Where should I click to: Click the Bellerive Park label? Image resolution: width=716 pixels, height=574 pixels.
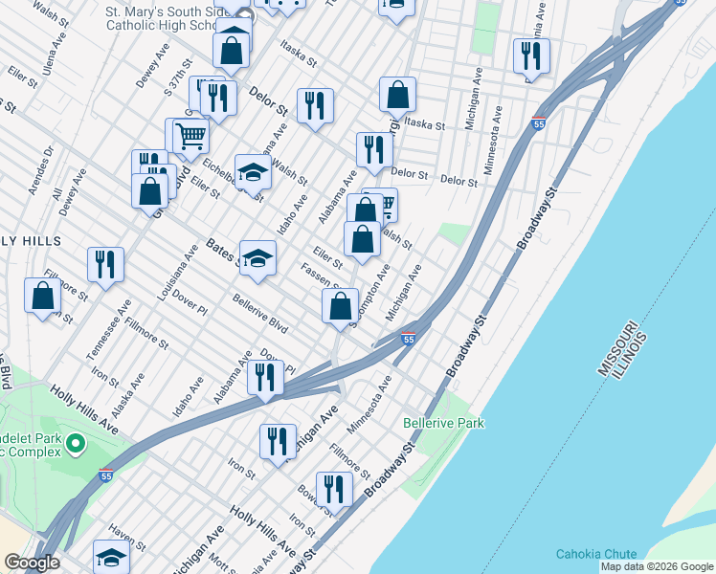[443, 423]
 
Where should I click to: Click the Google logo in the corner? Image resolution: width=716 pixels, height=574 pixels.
[32, 563]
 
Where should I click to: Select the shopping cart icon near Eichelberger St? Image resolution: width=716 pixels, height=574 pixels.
[190, 137]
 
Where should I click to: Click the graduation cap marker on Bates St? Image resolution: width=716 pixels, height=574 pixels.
[257, 258]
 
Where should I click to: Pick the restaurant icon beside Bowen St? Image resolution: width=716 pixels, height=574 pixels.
[334, 489]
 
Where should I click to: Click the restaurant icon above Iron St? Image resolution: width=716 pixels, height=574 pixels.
[278, 441]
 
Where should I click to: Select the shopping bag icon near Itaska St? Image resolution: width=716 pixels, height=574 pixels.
[397, 94]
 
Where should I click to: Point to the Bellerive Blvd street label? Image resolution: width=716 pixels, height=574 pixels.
[259, 313]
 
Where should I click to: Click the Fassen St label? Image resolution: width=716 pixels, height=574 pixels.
[320, 276]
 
